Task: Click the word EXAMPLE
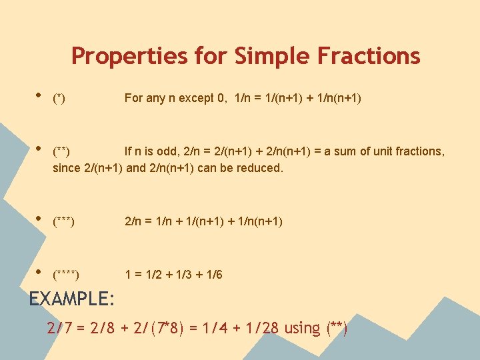coord(72,298)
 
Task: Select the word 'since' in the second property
coord(67,168)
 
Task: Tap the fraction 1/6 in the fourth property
coord(215,275)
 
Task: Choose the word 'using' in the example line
coord(302,329)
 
